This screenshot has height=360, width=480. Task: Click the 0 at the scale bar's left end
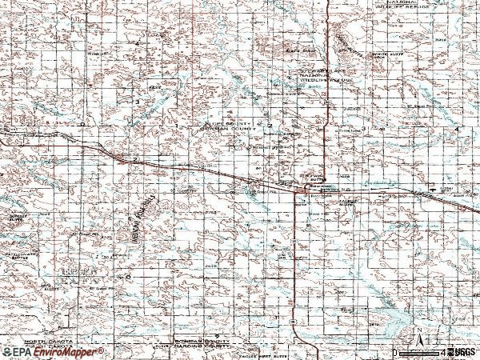(394, 352)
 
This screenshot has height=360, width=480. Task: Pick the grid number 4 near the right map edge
(457, 129)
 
